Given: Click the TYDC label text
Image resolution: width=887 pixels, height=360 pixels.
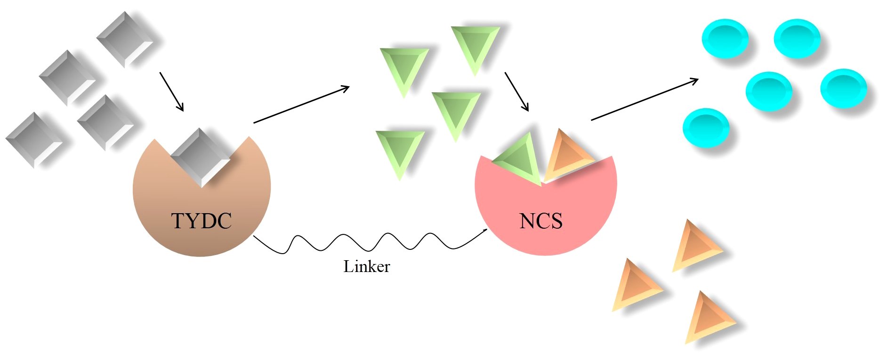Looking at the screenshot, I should click(x=202, y=221).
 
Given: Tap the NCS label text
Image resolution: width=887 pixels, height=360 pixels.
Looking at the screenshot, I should click(x=541, y=221).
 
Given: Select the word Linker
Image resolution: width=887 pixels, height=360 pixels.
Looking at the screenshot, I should click(x=366, y=267).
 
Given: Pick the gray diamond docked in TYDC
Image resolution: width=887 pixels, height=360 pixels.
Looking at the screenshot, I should click(x=201, y=157).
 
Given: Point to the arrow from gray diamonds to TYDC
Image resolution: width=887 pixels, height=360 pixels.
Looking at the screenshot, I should click(x=171, y=91).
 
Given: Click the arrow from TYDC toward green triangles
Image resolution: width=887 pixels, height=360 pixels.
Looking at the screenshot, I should click(x=301, y=104).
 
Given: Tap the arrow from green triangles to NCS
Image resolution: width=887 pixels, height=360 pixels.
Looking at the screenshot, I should click(x=516, y=91).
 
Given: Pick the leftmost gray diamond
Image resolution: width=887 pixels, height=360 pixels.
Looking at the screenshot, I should click(x=34, y=139).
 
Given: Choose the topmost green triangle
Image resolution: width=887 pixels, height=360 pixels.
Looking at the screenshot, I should click(x=476, y=47).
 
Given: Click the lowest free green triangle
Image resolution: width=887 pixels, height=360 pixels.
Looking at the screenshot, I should click(x=400, y=152).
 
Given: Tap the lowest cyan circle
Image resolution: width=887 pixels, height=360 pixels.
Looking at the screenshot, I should click(x=706, y=127).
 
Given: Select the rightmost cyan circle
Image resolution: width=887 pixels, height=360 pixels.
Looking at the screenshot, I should click(x=843, y=88).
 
